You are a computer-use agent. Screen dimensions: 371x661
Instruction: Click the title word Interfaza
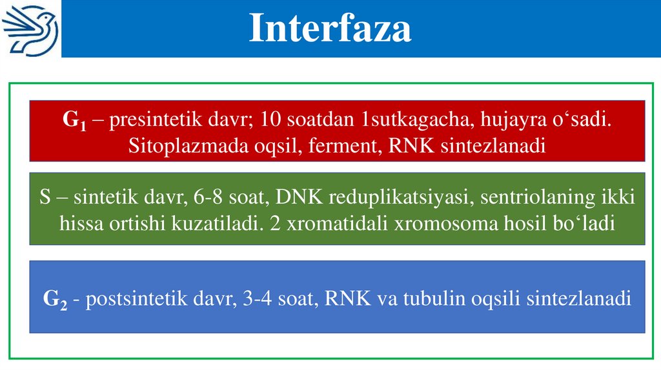click(330, 29)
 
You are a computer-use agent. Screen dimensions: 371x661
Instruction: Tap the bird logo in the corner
click(30, 28)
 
